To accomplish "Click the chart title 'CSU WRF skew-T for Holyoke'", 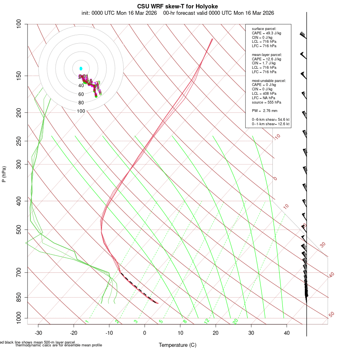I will (x=178, y=6).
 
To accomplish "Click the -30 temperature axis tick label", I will (x=38, y=333).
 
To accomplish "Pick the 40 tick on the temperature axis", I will (x=287, y=333).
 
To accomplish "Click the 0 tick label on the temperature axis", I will (x=145, y=333).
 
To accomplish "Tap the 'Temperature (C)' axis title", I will (x=178, y=345).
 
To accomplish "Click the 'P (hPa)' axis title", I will (x=4, y=174).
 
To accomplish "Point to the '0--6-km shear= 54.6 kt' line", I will (x=270, y=120).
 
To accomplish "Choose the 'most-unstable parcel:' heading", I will (x=269, y=81).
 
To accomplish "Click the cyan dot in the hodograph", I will (x=81, y=68).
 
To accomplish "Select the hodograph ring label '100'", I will (x=81, y=111).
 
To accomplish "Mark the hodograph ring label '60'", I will (x=81, y=94).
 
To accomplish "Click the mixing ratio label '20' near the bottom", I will (x=235, y=321).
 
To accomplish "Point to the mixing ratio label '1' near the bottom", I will (x=87, y=322).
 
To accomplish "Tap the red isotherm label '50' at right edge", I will (x=331, y=314).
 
